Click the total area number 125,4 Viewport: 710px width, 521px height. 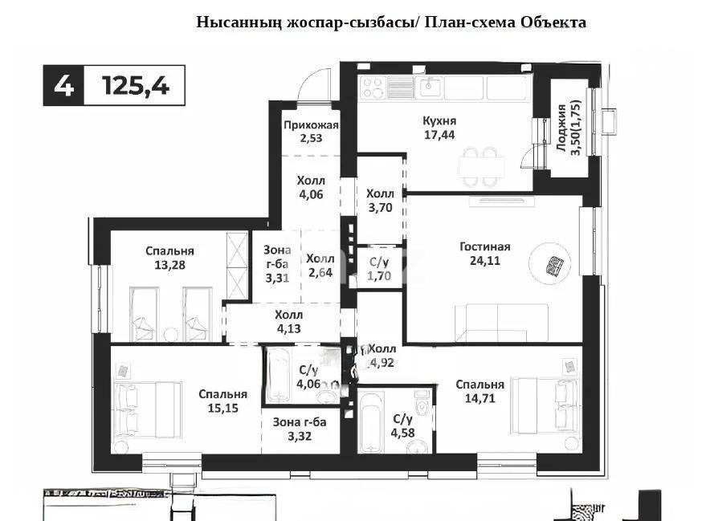136,85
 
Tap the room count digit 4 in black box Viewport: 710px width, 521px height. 63,85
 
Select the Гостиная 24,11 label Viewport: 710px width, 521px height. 485,253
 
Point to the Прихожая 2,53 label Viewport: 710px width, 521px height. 310,132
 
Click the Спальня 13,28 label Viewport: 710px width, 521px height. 169,258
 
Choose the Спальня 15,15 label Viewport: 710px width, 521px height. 222,401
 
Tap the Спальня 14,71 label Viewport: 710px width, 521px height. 479,391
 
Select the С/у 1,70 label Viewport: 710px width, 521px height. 379,268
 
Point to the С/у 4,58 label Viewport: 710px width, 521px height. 402,425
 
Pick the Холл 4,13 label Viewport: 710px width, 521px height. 288,321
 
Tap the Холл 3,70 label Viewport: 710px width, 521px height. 380,200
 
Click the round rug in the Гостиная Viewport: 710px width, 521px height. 552,264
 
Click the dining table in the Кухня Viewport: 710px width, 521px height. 481,165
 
